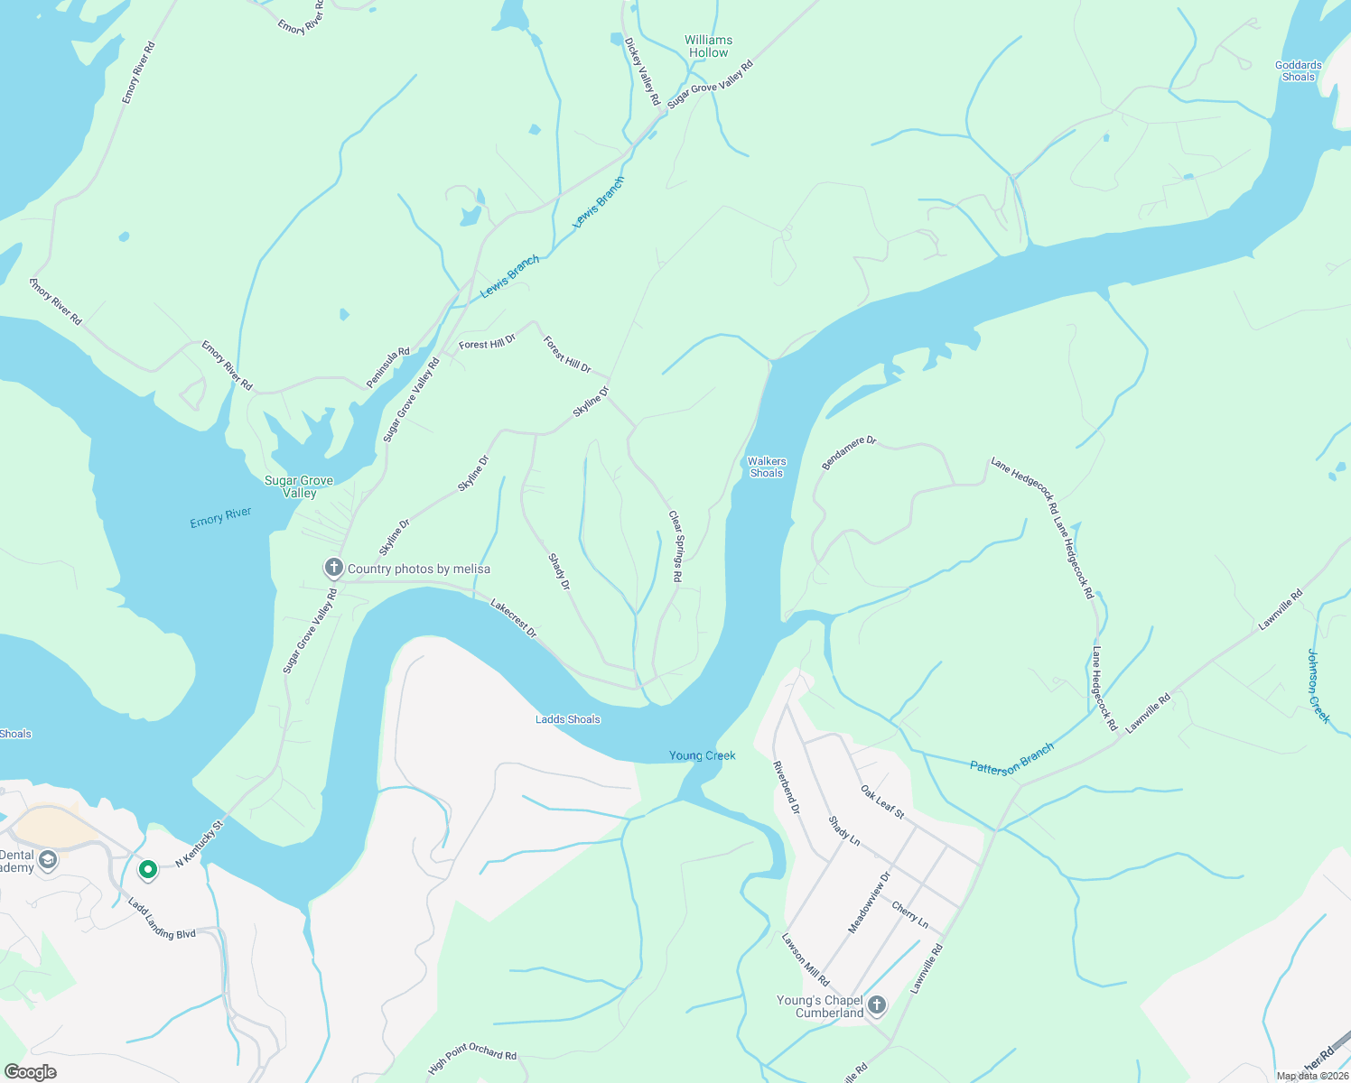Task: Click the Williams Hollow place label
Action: [708, 46]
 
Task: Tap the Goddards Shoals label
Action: [1298, 70]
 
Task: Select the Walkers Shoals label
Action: [766, 467]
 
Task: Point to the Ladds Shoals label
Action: [567, 719]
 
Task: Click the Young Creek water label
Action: [702, 755]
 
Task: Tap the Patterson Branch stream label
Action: [1011, 758]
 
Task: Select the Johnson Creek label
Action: [1318, 686]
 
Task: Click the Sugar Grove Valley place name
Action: [299, 486]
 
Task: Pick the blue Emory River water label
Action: [220, 517]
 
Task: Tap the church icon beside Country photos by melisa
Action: [334, 568]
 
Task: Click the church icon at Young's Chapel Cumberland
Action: [876, 1005]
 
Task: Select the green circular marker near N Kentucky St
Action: [147, 870]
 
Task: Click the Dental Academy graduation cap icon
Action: [49, 860]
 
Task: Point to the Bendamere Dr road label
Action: [849, 452]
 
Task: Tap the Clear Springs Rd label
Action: [675, 545]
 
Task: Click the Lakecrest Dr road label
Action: [513, 618]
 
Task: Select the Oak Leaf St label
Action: [882, 801]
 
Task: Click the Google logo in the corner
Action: [30, 1071]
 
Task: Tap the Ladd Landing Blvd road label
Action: [162, 919]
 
